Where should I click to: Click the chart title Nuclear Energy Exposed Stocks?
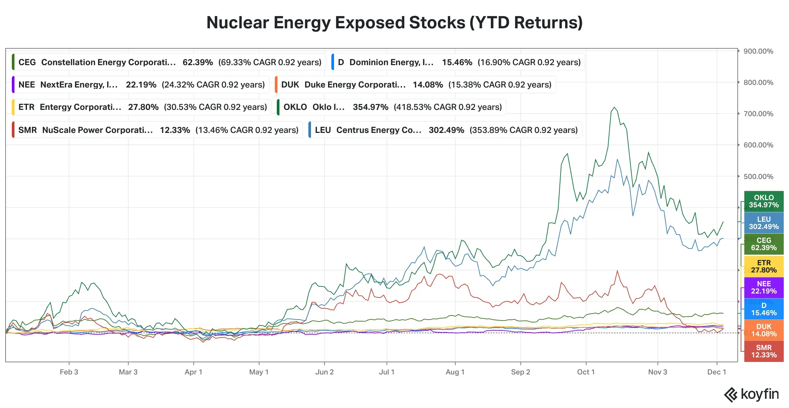pos(394,23)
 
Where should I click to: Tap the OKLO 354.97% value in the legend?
pos(371,107)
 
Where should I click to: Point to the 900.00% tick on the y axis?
pos(758,51)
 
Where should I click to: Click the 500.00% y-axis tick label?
pos(758,176)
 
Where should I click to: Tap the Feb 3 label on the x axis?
pos(69,372)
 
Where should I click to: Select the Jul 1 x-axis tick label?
pos(387,372)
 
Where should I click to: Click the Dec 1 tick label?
pos(716,372)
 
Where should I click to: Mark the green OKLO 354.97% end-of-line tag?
pos(764,201)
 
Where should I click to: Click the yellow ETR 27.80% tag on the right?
pos(764,267)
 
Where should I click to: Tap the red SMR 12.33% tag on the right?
pos(764,351)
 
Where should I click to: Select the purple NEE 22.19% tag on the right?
pos(764,288)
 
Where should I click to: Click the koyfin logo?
pos(752,394)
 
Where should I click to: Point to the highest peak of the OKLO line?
pos(614,107)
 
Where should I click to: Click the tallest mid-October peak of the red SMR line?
pos(617,271)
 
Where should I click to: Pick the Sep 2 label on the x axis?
pos(520,372)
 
